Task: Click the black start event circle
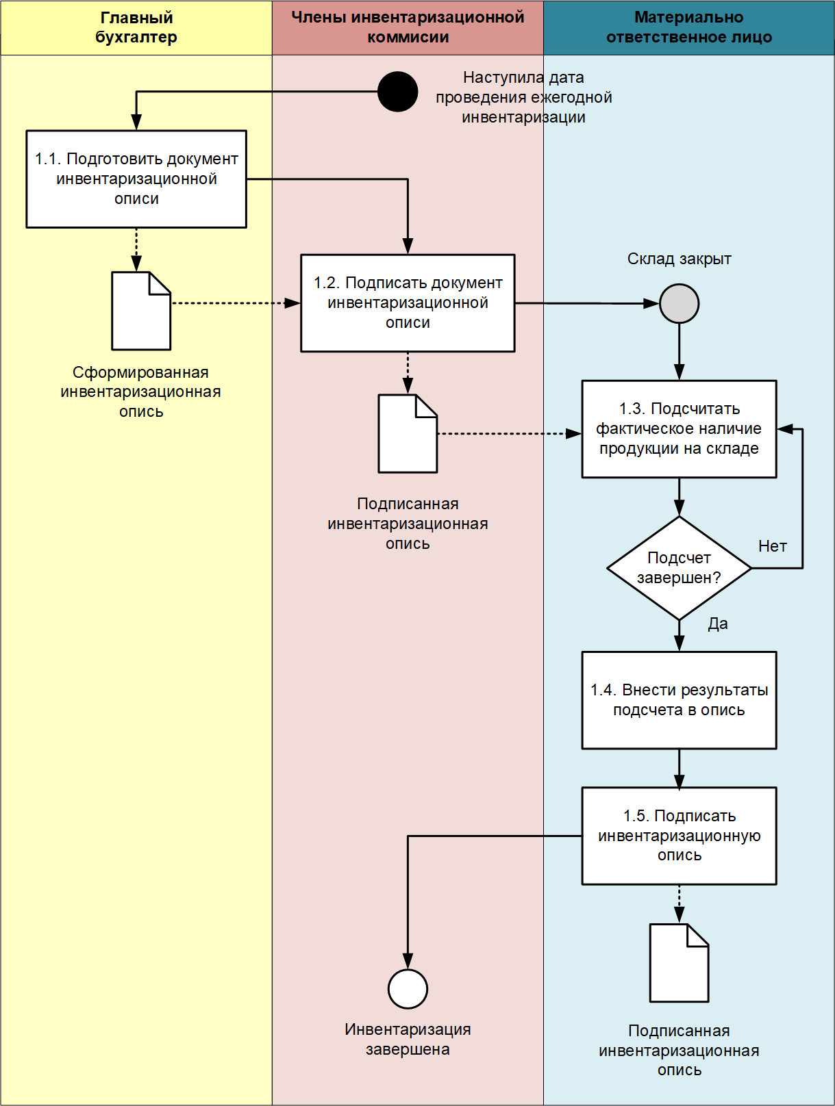point(397,92)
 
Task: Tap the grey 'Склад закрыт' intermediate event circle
point(679,303)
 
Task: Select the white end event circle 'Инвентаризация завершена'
point(408,988)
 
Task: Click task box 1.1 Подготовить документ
point(136,179)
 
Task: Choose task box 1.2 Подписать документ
point(408,303)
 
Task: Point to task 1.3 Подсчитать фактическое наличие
point(679,428)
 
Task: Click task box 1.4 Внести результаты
point(679,699)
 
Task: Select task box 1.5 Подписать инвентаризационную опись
point(679,835)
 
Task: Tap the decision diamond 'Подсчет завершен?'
point(679,568)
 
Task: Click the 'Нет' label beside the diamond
point(772,546)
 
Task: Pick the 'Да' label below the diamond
point(718,623)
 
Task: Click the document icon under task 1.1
point(141,311)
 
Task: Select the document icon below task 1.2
point(408,433)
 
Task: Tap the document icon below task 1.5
point(679,962)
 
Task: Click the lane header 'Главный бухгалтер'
point(136,27)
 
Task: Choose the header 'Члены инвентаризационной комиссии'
point(408,27)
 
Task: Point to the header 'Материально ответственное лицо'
point(688,27)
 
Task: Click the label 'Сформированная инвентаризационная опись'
point(140,391)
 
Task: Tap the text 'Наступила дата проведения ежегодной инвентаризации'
point(523,97)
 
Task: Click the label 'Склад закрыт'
point(679,259)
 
